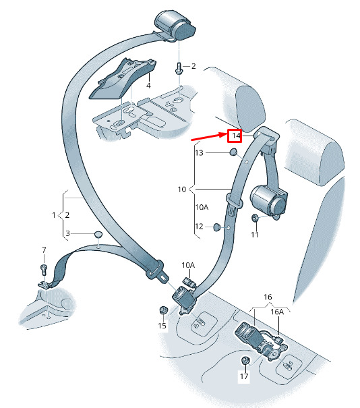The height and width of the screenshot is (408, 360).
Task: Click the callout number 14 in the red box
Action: point(236,136)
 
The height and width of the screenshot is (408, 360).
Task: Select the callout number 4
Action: point(148,86)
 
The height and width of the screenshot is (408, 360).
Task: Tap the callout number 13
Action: point(199,152)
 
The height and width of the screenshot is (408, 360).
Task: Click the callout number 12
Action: point(199,227)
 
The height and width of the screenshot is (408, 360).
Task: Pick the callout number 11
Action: point(255,235)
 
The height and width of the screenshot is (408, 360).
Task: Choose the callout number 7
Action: point(44,250)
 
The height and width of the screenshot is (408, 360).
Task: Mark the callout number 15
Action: point(162,326)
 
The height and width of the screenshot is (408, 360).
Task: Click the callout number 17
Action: point(244,376)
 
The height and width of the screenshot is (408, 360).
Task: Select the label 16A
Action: point(277,312)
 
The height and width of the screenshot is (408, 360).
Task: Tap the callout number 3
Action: point(67,233)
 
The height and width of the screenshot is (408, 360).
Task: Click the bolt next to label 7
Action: point(44,270)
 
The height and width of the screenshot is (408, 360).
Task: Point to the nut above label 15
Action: point(163,310)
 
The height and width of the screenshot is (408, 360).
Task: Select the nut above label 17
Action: point(245,360)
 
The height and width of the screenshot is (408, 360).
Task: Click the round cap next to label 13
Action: point(233,152)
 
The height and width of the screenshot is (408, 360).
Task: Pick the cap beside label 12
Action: point(216,227)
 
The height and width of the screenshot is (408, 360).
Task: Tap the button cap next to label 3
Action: point(98,234)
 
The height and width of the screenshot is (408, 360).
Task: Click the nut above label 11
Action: point(255,218)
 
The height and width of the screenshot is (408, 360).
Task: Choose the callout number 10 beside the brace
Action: point(182,190)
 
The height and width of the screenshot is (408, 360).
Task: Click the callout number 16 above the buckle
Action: point(268,297)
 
